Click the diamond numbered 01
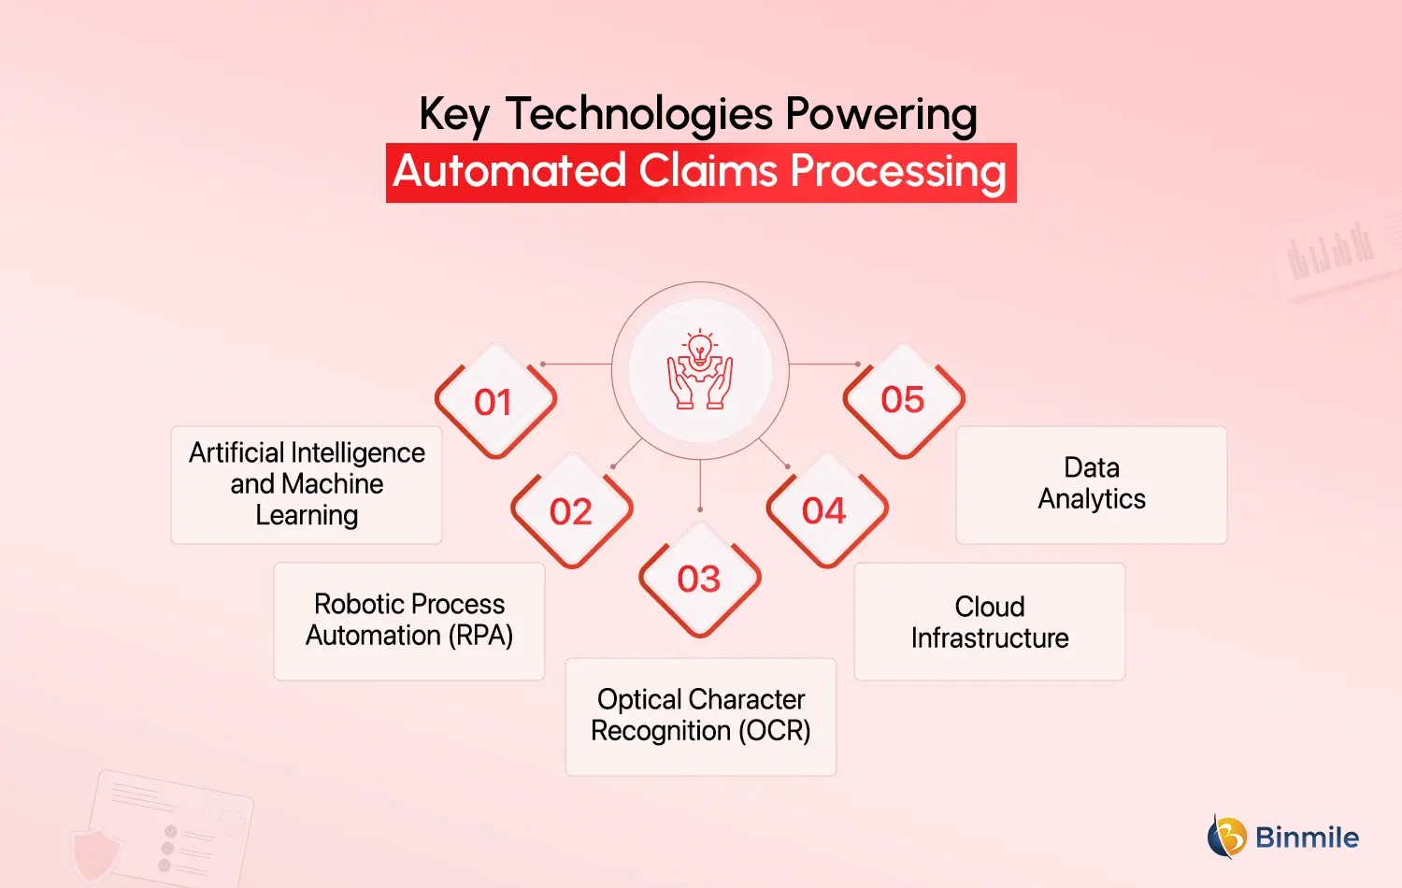click(494, 402)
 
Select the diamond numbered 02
click(571, 511)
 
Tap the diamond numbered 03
click(699, 580)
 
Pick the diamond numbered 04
click(824, 511)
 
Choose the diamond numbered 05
click(903, 400)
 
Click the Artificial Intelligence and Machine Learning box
click(307, 484)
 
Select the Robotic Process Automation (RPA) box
click(409, 621)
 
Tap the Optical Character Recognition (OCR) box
click(701, 716)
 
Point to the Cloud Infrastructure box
click(990, 622)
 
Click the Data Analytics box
click(1092, 484)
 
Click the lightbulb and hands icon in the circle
click(700, 371)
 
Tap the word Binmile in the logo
click(1307, 838)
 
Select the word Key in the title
click(453, 116)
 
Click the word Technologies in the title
click(639, 116)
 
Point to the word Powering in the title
click(881, 116)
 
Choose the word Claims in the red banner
click(708, 172)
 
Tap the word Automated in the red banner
click(509, 172)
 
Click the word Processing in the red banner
click(898, 172)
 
